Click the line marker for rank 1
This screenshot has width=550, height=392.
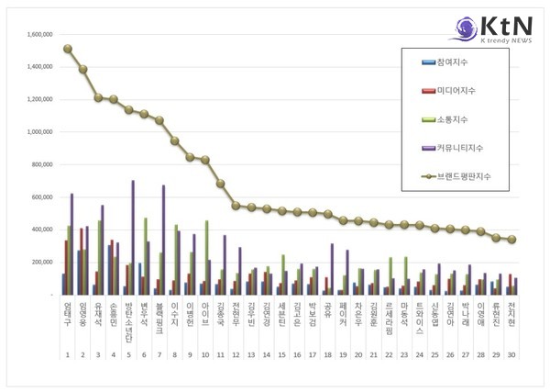68,49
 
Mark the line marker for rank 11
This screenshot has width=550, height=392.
221,184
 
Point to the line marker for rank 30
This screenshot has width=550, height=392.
511,240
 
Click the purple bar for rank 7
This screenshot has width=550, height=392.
163,240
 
